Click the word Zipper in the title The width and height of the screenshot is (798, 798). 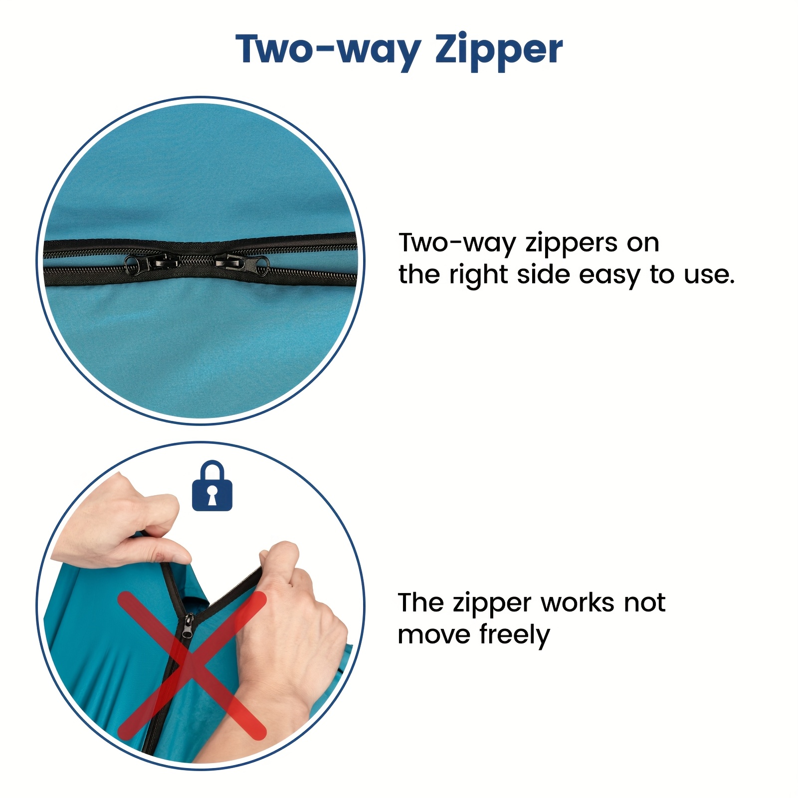[499, 51]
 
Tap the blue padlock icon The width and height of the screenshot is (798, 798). [212, 486]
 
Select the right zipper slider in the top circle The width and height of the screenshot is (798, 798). [242, 262]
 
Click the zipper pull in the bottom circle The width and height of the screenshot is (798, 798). [188, 626]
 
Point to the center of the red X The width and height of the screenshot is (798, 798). [192, 666]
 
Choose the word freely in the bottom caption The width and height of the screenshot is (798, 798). [515, 634]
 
